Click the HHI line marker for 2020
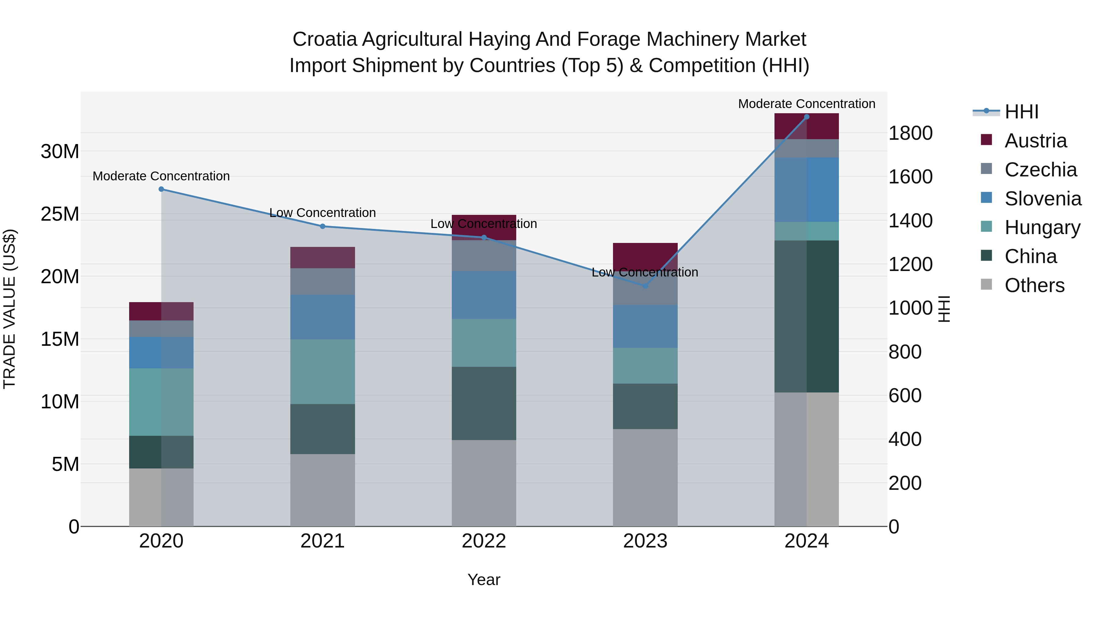point(161,189)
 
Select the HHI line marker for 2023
point(645,286)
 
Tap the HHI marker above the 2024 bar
point(806,117)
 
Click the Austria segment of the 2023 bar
point(645,256)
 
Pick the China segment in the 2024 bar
point(806,316)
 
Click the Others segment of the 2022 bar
point(484,483)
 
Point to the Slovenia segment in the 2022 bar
point(484,295)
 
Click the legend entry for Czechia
point(1040,170)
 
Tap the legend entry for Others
point(1034,285)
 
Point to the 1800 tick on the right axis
point(910,133)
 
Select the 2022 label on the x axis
point(484,541)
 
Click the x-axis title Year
point(484,580)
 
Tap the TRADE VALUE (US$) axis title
point(10,309)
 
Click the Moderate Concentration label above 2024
point(806,104)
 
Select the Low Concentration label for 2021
point(323,212)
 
